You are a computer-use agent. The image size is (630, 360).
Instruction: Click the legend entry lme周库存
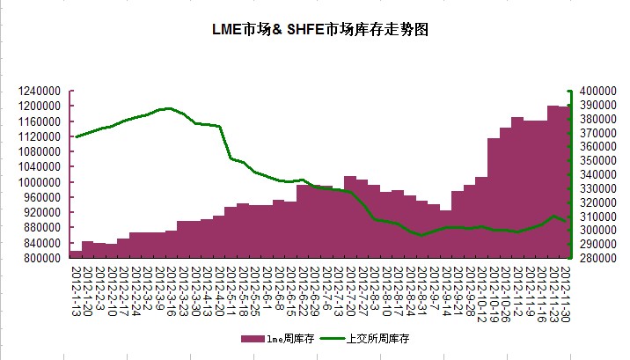click(278, 338)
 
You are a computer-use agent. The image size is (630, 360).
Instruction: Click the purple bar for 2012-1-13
click(76, 254)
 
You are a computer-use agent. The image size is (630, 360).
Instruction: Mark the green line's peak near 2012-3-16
click(167, 108)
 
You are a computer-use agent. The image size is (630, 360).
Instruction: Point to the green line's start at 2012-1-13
click(76, 136)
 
